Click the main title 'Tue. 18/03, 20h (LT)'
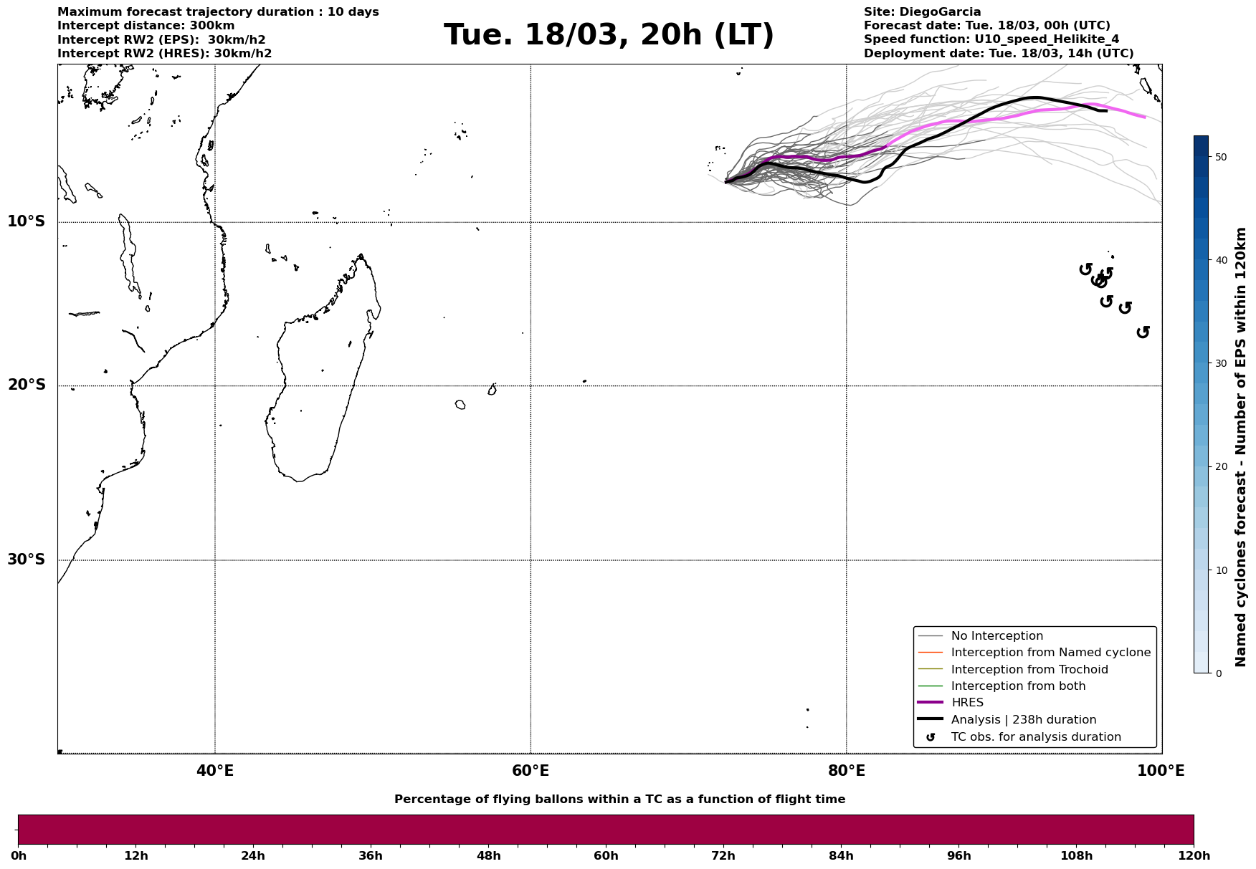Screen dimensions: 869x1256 pyautogui.click(x=609, y=35)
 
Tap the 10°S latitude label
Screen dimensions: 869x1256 pyautogui.click(x=27, y=221)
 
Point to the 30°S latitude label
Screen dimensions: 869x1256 pyautogui.click(x=27, y=560)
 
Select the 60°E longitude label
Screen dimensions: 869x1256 pyautogui.click(x=531, y=771)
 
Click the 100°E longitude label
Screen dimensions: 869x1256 pyautogui.click(x=1161, y=771)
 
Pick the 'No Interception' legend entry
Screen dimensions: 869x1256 pyautogui.click(x=996, y=636)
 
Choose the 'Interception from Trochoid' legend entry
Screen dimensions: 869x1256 pyautogui.click(x=1029, y=670)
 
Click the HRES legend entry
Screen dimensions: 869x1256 pyautogui.click(x=967, y=703)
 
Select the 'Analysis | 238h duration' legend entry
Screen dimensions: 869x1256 pyautogui.click(x=1023, y=720)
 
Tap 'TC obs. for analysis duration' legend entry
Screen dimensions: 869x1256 pyautogui.click(x=1035, y=737)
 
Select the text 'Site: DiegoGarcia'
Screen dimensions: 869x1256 pyautogui.click(x=922, y=12)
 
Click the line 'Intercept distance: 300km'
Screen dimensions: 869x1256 pyautogui.click(x=146, y=26)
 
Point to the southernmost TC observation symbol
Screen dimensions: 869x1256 pyautogui.click(x=1143, y=332)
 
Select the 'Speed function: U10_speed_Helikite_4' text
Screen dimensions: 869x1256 pyautogui.click(x=991, y=39)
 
